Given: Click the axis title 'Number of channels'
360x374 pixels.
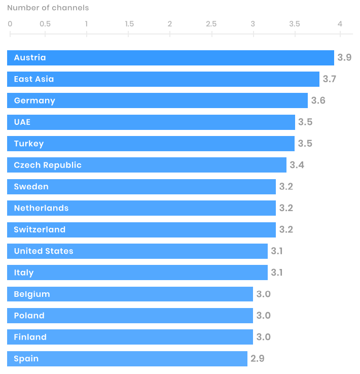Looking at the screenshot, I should point(48,8).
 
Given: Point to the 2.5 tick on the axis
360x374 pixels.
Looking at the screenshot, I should point(211,24).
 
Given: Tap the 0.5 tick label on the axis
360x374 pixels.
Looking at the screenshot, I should point(45,24).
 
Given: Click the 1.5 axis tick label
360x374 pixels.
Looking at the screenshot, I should point(129,24).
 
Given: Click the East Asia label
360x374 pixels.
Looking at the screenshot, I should point(34,79).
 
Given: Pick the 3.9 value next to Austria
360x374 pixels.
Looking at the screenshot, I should point(345,58).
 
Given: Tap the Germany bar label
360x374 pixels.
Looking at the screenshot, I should point(34,100).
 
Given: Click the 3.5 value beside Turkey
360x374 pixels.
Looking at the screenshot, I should point(305,144).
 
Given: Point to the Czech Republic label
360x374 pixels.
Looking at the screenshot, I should point(48,165).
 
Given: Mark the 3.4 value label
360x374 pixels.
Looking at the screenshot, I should point(297,165).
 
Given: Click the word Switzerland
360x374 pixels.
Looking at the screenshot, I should point(40,229).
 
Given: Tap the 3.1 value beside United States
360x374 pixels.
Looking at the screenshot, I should point(277,251).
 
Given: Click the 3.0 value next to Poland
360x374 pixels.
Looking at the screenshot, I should point(264,316).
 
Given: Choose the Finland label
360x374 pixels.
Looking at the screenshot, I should point(30,337).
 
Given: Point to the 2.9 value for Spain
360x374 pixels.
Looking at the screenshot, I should point(258,359).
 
